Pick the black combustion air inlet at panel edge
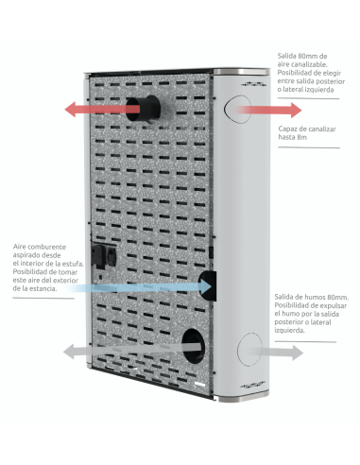208,283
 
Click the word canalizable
307,66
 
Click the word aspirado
28,253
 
